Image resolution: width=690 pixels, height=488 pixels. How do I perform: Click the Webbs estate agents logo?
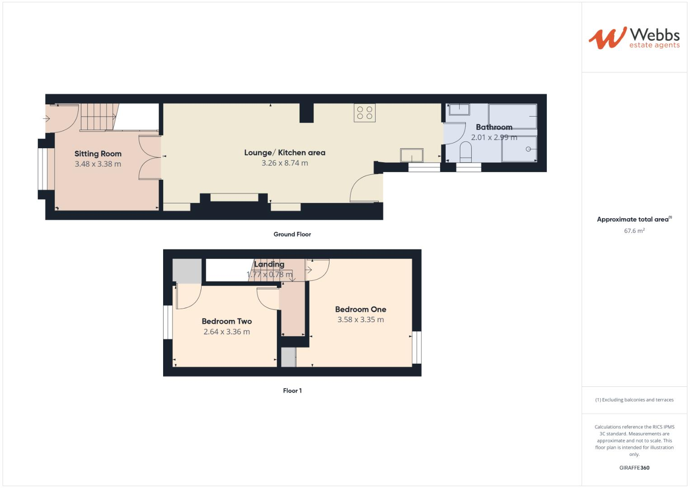(x=634, y=38)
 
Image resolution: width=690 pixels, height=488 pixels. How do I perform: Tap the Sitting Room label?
(x=98, y=154)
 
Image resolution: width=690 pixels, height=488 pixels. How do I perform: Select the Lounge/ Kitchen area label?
(x=285, y=153)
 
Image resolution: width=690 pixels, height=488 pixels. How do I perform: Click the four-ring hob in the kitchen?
(x=365, y=113)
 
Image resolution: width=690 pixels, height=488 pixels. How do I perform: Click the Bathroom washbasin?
(x=459, y=110)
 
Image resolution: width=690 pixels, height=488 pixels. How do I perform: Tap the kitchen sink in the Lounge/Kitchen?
(x=412, y=155)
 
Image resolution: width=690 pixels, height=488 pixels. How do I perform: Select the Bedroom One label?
(x=361, y=310)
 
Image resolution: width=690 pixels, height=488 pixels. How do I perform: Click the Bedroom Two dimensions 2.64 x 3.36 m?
(x=226, y=332)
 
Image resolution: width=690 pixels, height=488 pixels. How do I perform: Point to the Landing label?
(x=269, y=264)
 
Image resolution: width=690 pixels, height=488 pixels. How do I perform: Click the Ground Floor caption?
(x=292, y=234)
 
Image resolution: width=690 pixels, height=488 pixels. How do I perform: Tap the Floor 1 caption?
(x=292, y=391)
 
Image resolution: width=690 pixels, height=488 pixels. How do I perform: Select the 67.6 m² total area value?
(x=634, y=231)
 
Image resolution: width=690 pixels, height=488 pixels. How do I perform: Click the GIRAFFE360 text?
(x=634, y=468)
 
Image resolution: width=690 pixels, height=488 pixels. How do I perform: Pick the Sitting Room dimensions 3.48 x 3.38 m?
(x=98, y=164)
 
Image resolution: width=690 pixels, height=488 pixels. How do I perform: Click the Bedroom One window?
(x=417, y=347)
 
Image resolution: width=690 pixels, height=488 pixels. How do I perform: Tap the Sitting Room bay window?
(x=42, y=169)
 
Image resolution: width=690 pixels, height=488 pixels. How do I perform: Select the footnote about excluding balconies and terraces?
(x=634, y=400)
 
